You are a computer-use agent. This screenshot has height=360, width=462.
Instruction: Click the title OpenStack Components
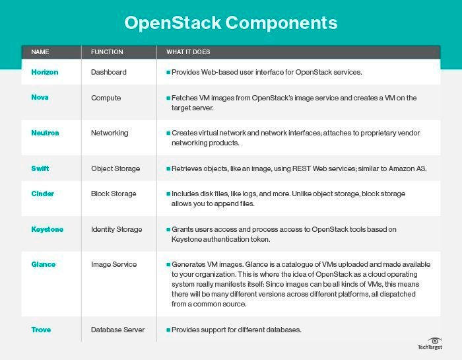(231, 23)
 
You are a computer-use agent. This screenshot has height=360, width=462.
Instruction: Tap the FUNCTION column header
(106, 52)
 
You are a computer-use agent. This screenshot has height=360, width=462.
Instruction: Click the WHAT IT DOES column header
(188, 52)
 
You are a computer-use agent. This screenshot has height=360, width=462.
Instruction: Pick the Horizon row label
(45, 71)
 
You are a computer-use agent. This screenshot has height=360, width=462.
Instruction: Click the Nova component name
(40, 98)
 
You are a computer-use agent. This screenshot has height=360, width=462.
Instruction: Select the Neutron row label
(45, 133)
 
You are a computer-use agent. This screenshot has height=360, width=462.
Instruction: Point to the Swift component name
(40, 168)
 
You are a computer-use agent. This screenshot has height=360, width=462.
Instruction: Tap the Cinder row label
(43, 194)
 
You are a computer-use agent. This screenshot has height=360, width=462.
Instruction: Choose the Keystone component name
(47, 229)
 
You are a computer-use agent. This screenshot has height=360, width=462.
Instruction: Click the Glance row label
(44, 264)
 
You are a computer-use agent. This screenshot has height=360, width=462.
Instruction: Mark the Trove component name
(41, 329)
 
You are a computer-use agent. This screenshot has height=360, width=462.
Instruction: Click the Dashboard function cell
(108, 71)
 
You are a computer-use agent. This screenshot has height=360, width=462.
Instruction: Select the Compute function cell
(106, 98)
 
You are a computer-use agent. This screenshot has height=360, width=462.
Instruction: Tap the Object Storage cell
(116, 168)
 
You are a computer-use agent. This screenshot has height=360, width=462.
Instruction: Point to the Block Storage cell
(114, 194)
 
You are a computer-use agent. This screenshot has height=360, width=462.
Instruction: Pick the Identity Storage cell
(116, 229)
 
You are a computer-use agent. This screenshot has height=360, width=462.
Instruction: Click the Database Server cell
(117, 329)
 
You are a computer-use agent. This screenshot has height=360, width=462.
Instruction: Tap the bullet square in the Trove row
(168, 329)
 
